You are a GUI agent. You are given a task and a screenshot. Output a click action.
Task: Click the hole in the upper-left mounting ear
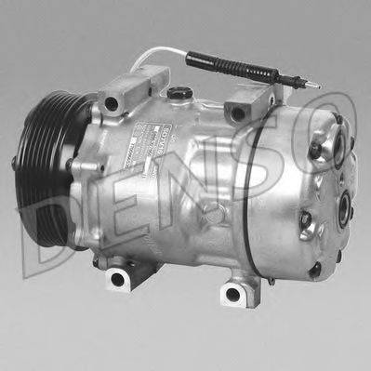point(113,102)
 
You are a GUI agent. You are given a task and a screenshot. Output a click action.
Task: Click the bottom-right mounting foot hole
point(232,294)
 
